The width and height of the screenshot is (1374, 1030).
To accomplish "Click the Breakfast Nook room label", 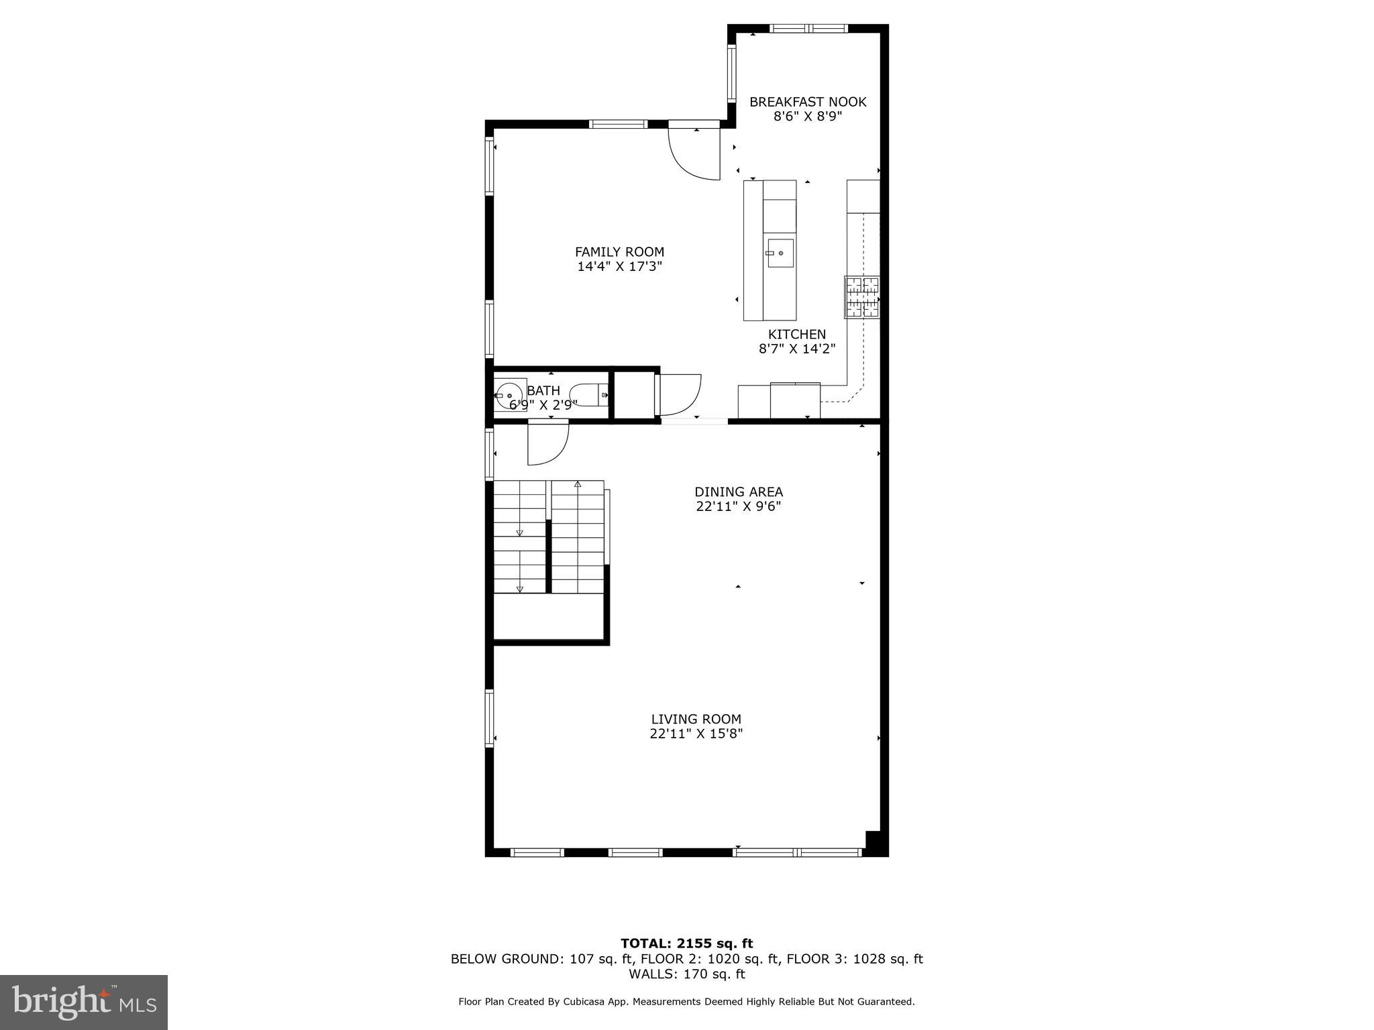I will click(x=807, y=102).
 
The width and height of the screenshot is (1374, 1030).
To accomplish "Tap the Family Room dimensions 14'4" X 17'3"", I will click(x=619, y=266).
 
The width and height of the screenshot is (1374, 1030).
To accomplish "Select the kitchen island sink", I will click(x=780, y=253).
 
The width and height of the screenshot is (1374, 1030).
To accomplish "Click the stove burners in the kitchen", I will click(x=861, y=297).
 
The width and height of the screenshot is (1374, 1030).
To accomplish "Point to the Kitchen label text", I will click(x=796, y=334).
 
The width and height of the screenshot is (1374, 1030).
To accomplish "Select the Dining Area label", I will click(x=738, y=492).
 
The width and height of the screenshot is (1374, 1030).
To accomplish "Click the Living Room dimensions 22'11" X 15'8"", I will click(x=696, y=734).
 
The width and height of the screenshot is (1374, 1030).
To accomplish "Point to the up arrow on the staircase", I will click(x=578, y=484).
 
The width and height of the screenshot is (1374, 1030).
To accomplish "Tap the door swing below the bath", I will click(x=547, y=443).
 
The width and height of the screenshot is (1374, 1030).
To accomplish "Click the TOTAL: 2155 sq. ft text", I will click(x=686, y=943).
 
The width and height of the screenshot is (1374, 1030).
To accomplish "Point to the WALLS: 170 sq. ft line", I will click(x=686, y=974).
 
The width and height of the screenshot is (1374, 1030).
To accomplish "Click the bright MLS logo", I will click(x=83, y=1002).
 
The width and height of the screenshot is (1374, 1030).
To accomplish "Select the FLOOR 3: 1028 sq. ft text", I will click(x=854, y=959).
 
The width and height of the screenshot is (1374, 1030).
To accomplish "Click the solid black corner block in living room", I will click(x=874, y=842).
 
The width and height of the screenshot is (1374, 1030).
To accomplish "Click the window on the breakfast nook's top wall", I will click(x=808, y=28).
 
